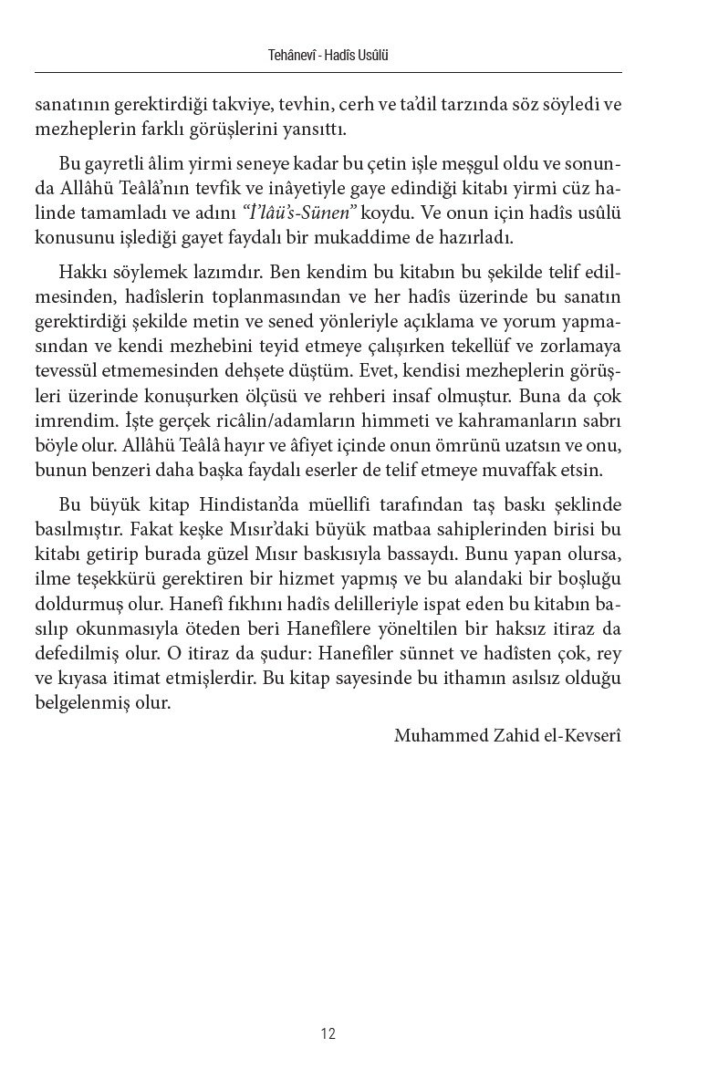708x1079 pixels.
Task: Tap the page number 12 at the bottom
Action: tap(328, 1033)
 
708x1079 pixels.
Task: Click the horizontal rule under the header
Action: tap(328, 72)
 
